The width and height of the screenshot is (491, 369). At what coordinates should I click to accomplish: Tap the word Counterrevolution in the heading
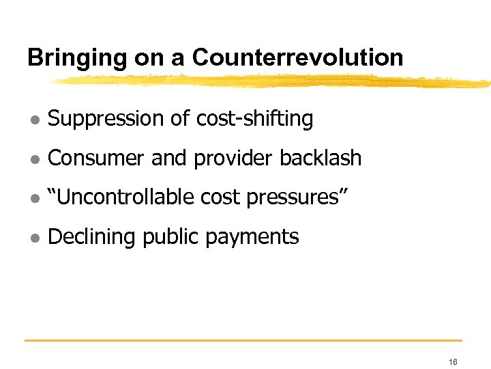[x=297, y=57]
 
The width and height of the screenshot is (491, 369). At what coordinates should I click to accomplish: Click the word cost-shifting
[x=254, y=120]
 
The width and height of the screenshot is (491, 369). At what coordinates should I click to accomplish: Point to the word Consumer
[x=97, y=159]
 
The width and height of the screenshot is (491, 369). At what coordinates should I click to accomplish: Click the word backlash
[x=321, y=159]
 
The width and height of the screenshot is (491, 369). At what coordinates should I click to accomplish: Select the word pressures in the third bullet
[x=301, y=198]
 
